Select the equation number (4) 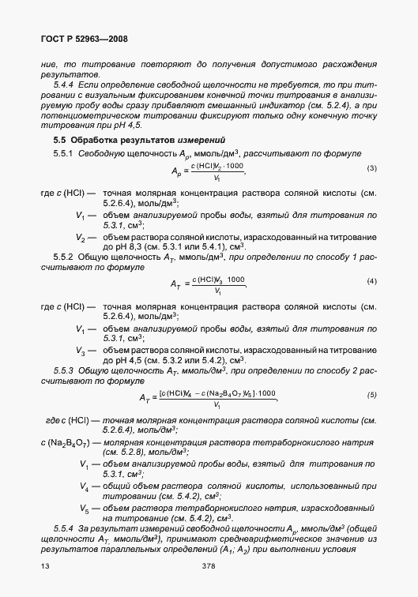click(372, 282)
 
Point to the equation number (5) click(372, 394)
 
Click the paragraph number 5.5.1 click(63, 154)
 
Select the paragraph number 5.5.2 click(63, 257)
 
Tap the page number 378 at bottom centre click(209, 566)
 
